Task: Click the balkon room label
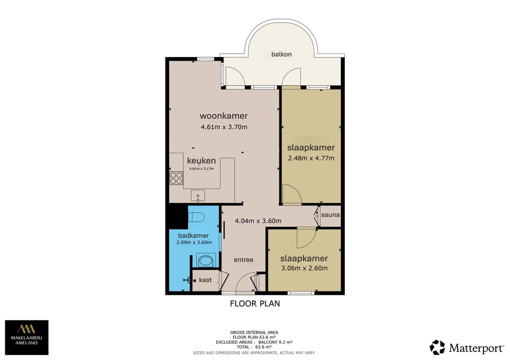point(281,54)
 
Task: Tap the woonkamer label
point(224,116)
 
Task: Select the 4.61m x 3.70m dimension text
point(224,127)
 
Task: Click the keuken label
point(201,160)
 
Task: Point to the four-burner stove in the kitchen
point(176,178)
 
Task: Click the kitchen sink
point(198,196)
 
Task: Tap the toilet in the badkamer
point(196,217)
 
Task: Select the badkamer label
point(194,235)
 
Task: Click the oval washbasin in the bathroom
point(205,260)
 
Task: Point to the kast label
point(205,280)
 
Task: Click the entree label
point(244,260)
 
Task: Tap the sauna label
point(330,215)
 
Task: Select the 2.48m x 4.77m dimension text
point(311,158)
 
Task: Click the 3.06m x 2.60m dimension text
point(305,268)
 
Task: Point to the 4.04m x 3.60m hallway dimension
point(258,221)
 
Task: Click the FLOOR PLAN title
point(255,303)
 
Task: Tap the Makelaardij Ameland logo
point(26,337)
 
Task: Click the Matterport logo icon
point(437,347)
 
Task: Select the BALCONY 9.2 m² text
point(275,342)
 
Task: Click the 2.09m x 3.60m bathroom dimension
point(194,243)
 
